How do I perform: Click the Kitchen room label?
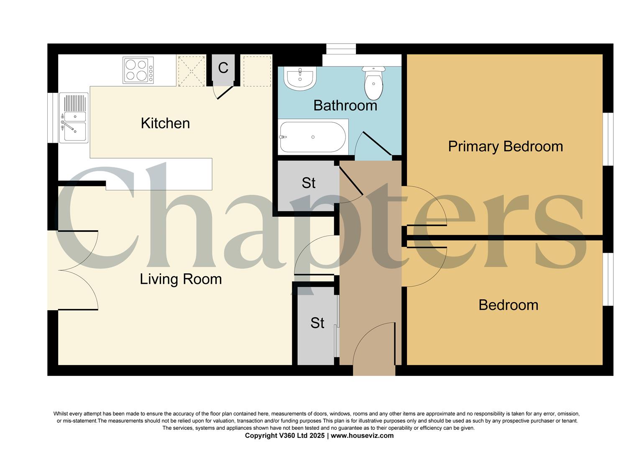(165, 123)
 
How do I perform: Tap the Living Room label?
(181, 279)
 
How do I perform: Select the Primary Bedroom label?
(505, 146)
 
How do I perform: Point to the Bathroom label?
(345, 105)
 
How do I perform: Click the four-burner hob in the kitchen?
(138, 70)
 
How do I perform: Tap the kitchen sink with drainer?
(74, 118)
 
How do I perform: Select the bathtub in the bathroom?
(313, 137)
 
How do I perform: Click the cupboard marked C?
(223, 68)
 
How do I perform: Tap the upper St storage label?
(308, 183)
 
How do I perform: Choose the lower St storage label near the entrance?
(317, 323)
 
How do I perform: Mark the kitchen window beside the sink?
(52, 118)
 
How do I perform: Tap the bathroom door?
(374, 144)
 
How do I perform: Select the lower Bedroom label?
(508, 305)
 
